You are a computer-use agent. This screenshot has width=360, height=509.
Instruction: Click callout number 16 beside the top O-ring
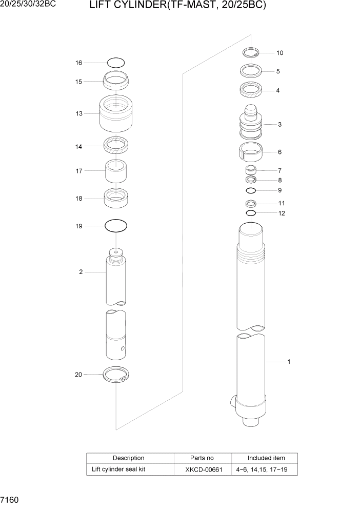(x=79, y=63)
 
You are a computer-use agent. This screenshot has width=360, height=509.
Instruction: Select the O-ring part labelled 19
(x=116, y=226)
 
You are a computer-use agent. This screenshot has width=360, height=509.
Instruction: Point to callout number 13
(x=79, y=113)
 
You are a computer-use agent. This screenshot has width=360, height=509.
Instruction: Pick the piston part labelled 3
(x=251, y=124)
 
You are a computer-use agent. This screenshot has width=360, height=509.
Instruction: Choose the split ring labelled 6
(x=251, y=152)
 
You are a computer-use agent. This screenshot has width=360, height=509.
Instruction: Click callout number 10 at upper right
(x=279, y=53)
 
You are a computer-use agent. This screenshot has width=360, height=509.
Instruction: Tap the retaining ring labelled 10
(x=251, y=52)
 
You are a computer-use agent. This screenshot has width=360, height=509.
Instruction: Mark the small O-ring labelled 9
(x=251, y=190)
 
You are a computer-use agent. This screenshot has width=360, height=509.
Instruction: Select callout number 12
(x=282, y=213)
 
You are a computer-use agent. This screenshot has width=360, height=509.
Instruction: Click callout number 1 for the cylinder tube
(x=289, y=362)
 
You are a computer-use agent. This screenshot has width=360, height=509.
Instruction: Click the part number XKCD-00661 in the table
(x=204, y=469)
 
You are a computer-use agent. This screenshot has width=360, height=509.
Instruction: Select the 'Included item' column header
(x=266, y=458)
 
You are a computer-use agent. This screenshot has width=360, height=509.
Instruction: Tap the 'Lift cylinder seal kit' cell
(x=118, y=469)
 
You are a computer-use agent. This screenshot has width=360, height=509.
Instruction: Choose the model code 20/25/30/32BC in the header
(x=28, y=6)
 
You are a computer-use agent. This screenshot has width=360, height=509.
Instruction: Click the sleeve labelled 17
(x=116, y=171)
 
